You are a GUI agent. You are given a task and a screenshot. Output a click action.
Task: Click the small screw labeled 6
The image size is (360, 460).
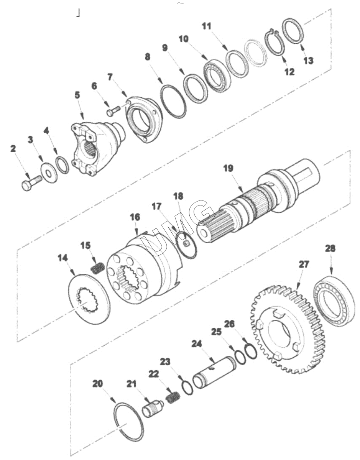pos(113,110)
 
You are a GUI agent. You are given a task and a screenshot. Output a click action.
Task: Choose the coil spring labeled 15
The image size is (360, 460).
pos(97,268)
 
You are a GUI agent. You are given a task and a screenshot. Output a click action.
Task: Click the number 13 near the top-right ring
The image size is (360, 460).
pos(308,61)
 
